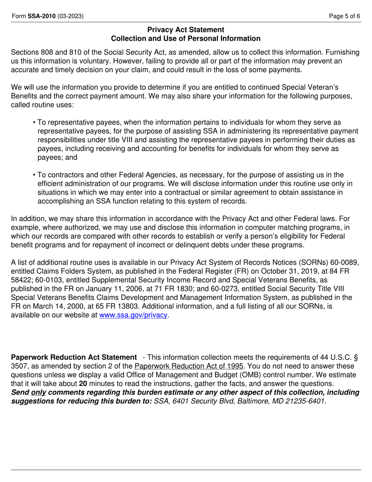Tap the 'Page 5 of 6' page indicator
coord(345,16)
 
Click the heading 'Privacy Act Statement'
coord(186,30)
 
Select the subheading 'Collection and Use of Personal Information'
coord(186,38)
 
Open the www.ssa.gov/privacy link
coord(133,315)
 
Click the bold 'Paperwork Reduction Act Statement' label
coord(74,357)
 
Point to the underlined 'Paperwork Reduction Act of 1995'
coord(188,366)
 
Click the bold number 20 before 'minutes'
coord(83,384)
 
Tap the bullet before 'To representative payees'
coord(35,123)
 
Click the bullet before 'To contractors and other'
coord(35,175)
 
